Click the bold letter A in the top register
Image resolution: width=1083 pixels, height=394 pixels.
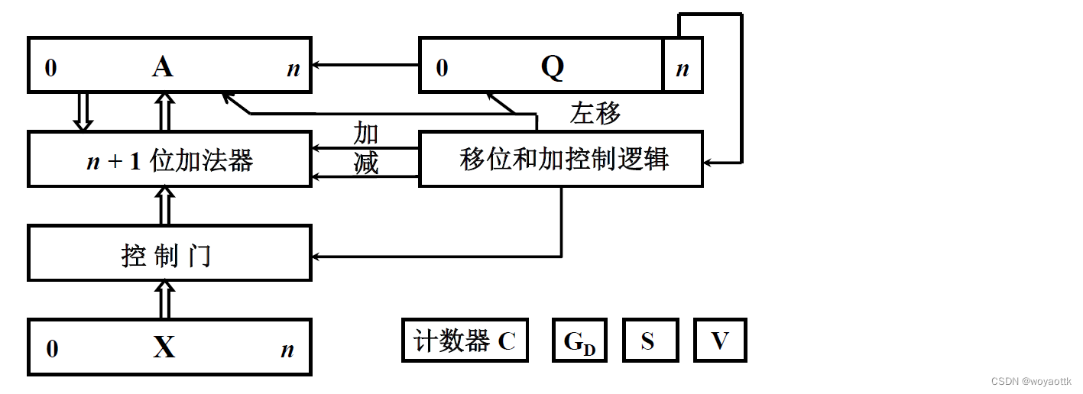point(162,68)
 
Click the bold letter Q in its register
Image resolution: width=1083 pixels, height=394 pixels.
point(552,68)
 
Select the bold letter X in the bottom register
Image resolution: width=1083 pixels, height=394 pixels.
point(164,348)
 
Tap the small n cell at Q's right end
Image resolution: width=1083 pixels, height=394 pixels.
point(683,69)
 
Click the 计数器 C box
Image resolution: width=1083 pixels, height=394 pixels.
point(465,341)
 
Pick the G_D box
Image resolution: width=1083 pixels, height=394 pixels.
point(579,341)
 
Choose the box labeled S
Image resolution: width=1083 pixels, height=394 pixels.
point(649,341)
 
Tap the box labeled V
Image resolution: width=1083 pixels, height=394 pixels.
point(719,341)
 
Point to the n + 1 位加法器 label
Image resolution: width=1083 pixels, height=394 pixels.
point(169,160)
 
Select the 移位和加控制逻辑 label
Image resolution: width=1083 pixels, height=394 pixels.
point(564,159)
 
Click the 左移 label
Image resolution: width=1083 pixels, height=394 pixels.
point(595,114)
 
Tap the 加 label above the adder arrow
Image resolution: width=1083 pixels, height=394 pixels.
point(366,134)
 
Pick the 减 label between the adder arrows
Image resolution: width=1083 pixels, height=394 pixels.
point(366,163)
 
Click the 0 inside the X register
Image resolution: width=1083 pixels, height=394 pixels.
point(52,350)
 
